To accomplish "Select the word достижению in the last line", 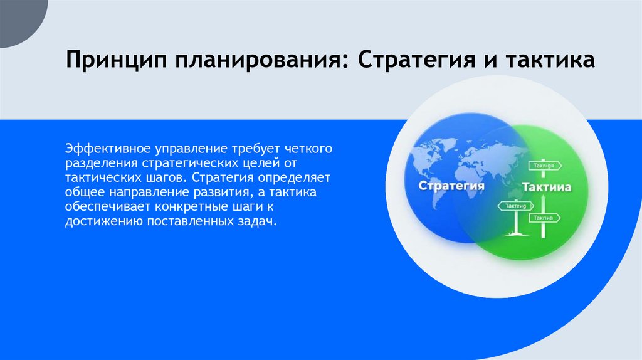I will point(95,221).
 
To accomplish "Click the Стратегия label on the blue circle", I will point(451,186).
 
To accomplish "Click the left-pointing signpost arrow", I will point(515,205).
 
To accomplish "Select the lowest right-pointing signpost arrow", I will point(544,218).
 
